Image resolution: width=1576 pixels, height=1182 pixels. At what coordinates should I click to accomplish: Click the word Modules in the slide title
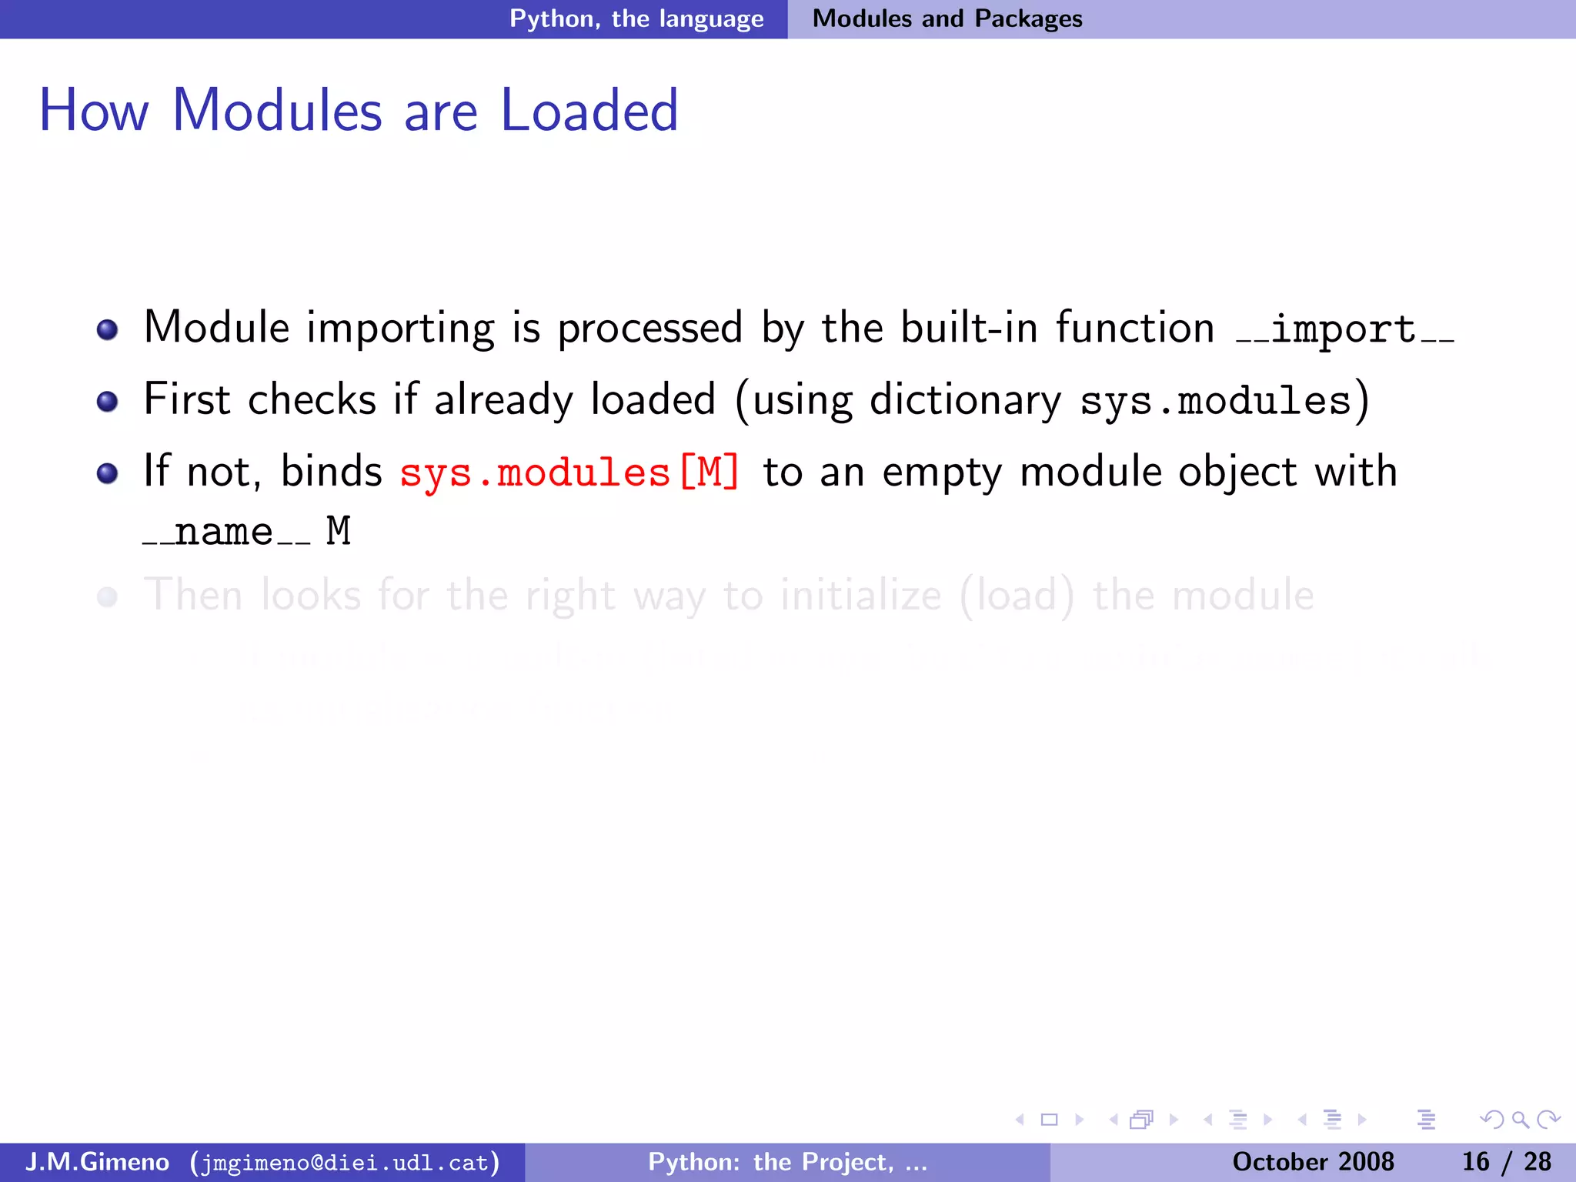pyautogui.click(x=277, y=111)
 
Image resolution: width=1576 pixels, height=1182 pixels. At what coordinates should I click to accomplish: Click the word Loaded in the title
pyautogui.click(x=589, y=111)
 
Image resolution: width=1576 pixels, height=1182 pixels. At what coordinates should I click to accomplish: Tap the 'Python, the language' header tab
pyautogui.click(x=636, y=18)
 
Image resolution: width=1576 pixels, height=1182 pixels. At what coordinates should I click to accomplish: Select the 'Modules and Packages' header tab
pyautogui.click(x=947, y=18)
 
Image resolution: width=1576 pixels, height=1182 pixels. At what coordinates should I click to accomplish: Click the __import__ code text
pyautogui.click(x=1344, y=330)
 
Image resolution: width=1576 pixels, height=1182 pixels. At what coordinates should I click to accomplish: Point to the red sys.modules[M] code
pyautogui.click(x=569, y=472)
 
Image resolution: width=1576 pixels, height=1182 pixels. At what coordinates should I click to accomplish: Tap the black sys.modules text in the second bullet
pyautogui.click(x=1215, y=401)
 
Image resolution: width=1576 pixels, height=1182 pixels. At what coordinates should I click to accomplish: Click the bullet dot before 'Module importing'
pyautogui.click(x=108, y=330)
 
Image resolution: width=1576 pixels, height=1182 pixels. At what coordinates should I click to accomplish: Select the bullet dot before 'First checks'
pyautogui.click(x=108, y=401)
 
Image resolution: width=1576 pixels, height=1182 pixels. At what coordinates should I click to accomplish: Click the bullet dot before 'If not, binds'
pyautogui.click(x=108, y=472)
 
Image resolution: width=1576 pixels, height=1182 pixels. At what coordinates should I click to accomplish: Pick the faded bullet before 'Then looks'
pyautogui.click(x=108, y=597)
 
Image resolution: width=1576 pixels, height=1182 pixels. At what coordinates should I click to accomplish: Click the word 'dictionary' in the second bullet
pyautogui.click(x=965, y=401)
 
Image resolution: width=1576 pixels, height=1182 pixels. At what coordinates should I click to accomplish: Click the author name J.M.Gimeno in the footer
pyautogui.click(x=97, y=1161)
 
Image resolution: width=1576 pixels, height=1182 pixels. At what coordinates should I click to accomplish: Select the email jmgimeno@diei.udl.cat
pyautogui.click(x=346, y=1162)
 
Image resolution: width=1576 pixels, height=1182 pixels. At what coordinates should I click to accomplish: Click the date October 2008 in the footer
pyautogui.click(x=1313, y=1161)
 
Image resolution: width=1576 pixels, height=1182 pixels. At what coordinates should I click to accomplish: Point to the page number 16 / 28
pyautogui.click(x=1506, y=1161)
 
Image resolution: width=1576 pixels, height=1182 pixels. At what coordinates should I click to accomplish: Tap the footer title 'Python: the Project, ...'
pyautogui.click(x=787, y=1161)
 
